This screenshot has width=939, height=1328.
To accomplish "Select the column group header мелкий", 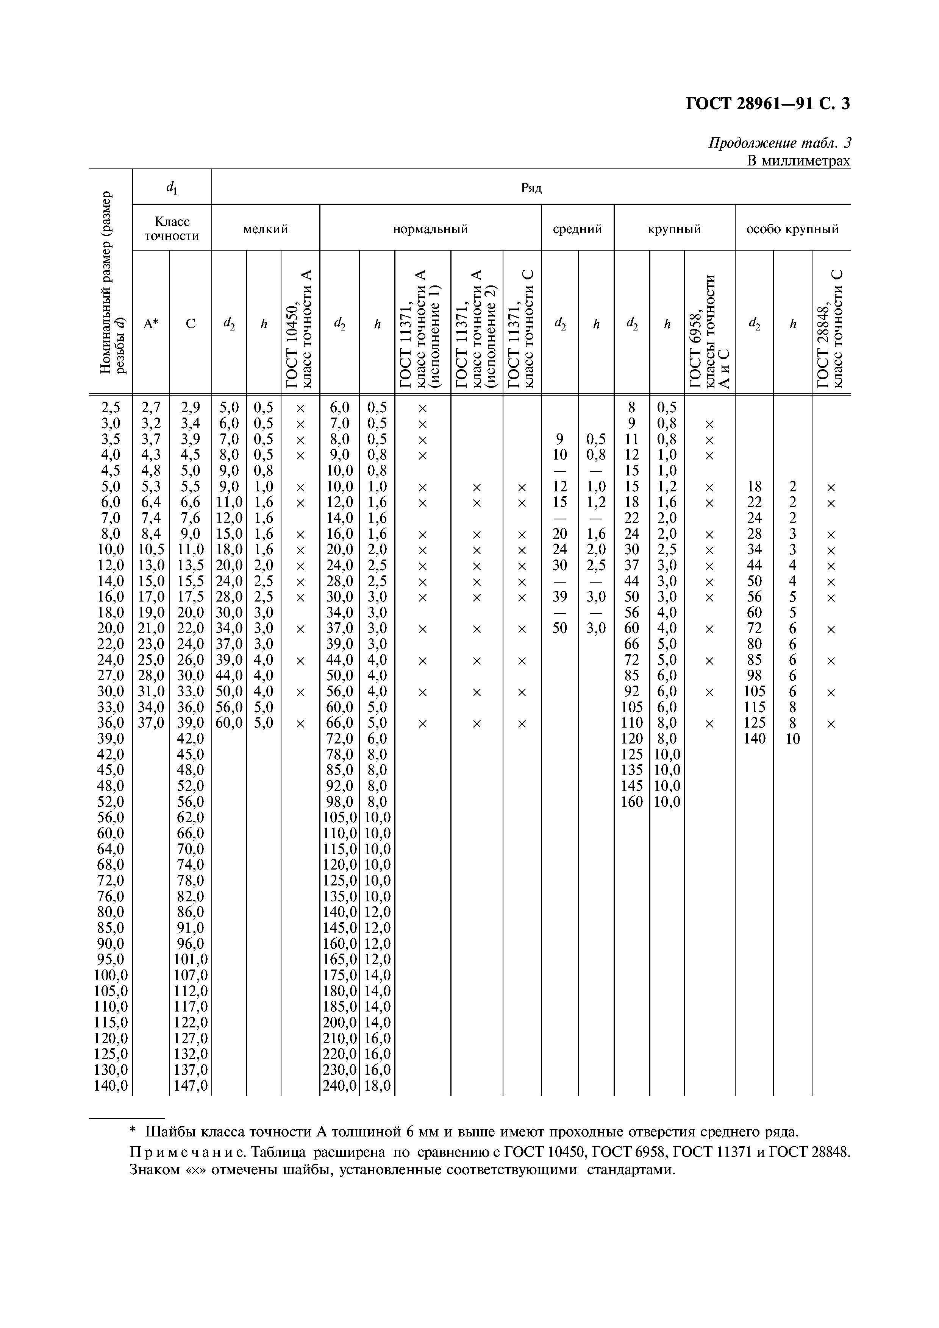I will pyautogui.click(x=266, y=229).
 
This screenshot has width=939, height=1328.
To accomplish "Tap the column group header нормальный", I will pyautogui.click(x=430, y=229).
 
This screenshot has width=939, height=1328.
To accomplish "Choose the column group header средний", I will pyautogui.click(x=577, y=229).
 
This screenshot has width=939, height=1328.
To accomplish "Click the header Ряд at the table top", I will pyautogui.click(x=531, y=188).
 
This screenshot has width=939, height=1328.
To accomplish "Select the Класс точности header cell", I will pyautogui.click(x=172, y=229).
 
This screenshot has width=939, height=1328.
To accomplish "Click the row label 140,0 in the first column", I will pyautogui.click(x=111, y=1086).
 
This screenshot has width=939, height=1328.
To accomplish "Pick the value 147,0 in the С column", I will pyautogui.click(x=191, y=1086).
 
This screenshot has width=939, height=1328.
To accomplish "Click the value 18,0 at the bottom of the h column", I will pyautogui.click(x=377, y=1086).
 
